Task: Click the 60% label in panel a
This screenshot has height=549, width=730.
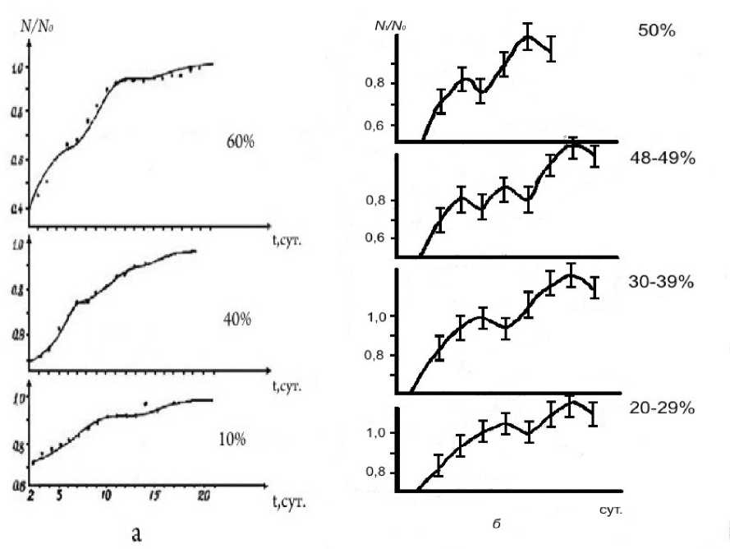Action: pos(240,141)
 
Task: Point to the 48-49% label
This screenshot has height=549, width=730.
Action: pos(663,158)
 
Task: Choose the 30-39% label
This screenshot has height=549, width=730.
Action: pos(663,282)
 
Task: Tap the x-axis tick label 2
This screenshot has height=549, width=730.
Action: pos(30,496)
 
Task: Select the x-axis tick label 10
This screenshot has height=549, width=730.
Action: pos(105,496)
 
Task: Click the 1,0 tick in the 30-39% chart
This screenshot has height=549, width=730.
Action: pos(377,316)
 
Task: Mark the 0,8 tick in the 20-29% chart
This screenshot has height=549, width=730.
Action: pos(378,473)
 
